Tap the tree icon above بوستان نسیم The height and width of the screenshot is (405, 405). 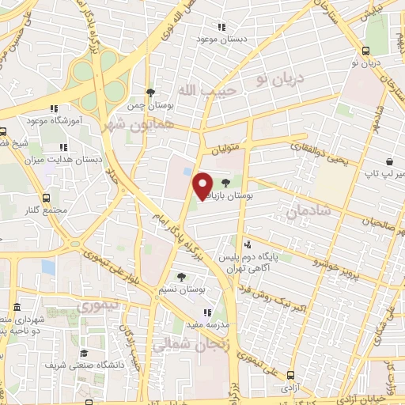tap(182, 277)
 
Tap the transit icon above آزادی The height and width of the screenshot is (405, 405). tap(291, 376)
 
